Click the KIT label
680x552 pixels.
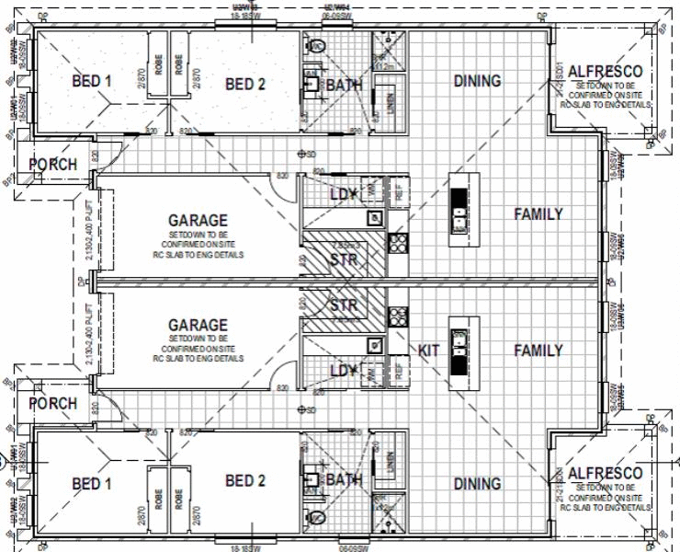pos(429,351)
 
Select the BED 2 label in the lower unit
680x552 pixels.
pos(245,480)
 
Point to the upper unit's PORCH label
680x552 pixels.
pos(52,165)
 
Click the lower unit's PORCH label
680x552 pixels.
pos(52,404)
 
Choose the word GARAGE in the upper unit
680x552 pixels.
pos(198,221)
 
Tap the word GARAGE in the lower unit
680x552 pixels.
pos(198,326)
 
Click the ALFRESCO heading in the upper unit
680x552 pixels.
pos(605,72)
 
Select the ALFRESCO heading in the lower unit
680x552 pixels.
pos(605,473)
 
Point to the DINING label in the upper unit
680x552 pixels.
pos(477,81)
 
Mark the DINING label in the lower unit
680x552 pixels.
pos(477,483)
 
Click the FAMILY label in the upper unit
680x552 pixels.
pos(538,214)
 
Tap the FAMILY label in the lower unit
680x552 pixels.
pos(538,351)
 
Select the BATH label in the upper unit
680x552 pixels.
pos(345,86)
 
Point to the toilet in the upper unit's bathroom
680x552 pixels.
pos(317,45)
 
